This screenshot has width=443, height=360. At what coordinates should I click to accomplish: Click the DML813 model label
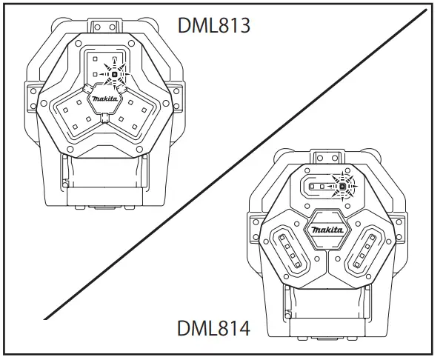click(x=214, y=25)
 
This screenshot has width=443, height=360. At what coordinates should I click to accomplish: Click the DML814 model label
click(x=213, y=328)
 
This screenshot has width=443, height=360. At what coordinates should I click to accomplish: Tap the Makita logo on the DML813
click(x=104, y=99)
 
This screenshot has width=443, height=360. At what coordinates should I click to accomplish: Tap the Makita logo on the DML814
click(x=327, y=230)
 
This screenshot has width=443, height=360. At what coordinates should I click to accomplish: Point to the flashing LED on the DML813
click(x=114, y=74)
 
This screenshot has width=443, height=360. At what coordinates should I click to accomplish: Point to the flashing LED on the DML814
click(x=343, y=186)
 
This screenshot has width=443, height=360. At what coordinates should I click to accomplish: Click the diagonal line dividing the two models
click(x=235, y=164)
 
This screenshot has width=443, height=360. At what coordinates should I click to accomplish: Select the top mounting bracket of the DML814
click(x=327, y=157)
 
